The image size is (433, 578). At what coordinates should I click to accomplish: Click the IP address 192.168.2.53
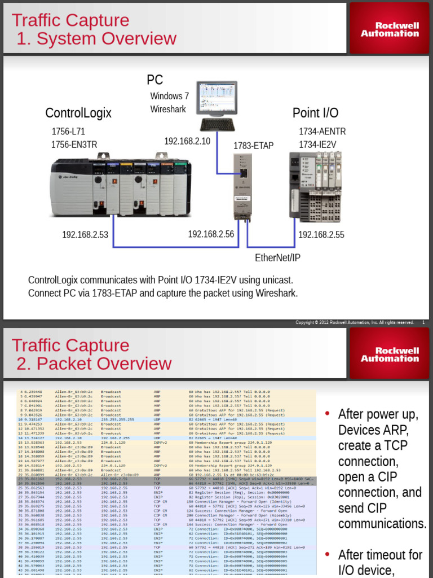point(85,235)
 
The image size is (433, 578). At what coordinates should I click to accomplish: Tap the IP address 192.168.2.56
point(211,234)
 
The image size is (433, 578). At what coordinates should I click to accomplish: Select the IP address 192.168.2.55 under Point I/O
point(321,235)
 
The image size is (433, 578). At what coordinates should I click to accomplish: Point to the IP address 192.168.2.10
point(187,141)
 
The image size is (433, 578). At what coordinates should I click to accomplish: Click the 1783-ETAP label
point(253,146)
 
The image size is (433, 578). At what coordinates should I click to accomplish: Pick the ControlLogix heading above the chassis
point(78,113)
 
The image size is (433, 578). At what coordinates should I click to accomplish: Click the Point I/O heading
point(315,113)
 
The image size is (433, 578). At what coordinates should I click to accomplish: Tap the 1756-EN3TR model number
point(74,145)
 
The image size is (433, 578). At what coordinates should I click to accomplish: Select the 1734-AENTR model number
point(322,132)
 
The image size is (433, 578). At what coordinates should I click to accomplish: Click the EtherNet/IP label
point(277,258)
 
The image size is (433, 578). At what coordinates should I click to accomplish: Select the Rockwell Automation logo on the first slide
point(390,29)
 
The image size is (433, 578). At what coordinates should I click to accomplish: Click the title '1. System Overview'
point(96,39)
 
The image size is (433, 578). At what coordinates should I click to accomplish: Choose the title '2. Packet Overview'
point(94,364)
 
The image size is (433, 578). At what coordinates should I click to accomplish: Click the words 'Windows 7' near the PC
point(169,96)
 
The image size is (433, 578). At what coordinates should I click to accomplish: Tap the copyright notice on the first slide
point(355,322)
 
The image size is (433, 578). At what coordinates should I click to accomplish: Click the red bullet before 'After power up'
point(327,414)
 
